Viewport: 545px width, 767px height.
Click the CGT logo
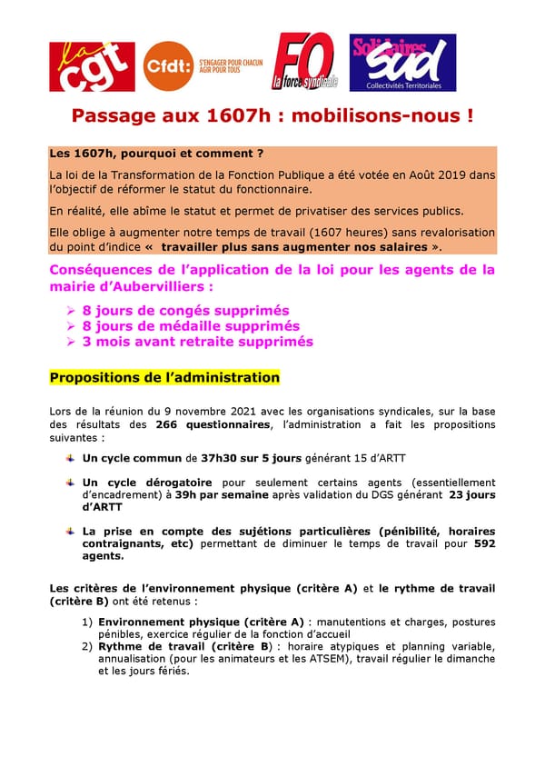click(93, 66)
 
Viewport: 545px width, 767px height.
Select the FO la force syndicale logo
click(305, 62)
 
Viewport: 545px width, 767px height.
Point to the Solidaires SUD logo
click(402, 63)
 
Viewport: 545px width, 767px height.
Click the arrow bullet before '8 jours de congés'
click(72, 311)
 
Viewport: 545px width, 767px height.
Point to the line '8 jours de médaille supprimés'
click(191, 326)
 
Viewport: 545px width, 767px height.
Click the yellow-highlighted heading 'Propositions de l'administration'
click(164, 377)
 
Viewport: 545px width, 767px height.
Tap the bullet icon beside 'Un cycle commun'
click(70, 458)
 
